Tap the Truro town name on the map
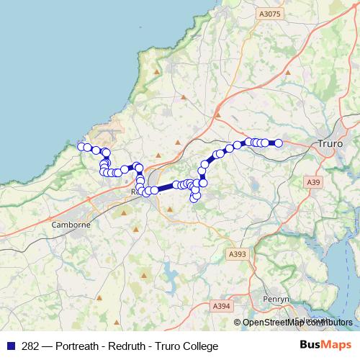330,144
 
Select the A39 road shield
313,183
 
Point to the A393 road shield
237,254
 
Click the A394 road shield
222,307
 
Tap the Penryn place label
276,298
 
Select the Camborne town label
71,225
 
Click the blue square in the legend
10,346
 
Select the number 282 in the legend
31,346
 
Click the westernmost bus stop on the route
81,147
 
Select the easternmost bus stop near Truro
279,143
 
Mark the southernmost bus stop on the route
194,199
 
